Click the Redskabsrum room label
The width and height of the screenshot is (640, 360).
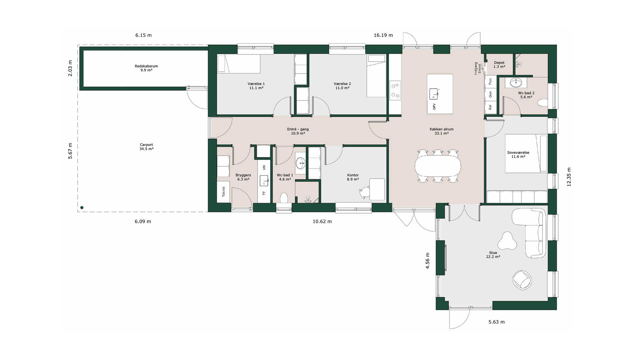coord(146,66)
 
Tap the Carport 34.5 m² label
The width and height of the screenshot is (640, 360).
coord(146,147)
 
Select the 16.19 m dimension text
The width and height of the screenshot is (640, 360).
coord(383,35)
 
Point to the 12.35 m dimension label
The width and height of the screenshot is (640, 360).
coord(569,177)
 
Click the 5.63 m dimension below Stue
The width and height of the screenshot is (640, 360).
coord(497,322)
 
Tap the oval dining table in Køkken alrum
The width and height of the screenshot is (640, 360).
coord(438,166)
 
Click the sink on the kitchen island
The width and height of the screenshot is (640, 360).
coord(434,94)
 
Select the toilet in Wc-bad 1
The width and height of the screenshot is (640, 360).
coord(284,198)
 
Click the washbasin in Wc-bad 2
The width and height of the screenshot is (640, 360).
coord(516,82)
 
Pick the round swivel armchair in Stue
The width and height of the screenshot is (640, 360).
coord(522,279)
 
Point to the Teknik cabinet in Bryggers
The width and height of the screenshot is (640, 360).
coord(223,191)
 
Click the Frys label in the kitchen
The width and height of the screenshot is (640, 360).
coord(490,82)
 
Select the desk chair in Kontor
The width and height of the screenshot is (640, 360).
coord(365,192)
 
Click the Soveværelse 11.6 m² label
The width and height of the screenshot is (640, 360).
coord(518,154)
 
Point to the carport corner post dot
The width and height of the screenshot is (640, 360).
coord(82,208)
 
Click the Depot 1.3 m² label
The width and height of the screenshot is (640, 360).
coord(499,65)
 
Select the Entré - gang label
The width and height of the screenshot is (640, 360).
coord(298,129)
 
